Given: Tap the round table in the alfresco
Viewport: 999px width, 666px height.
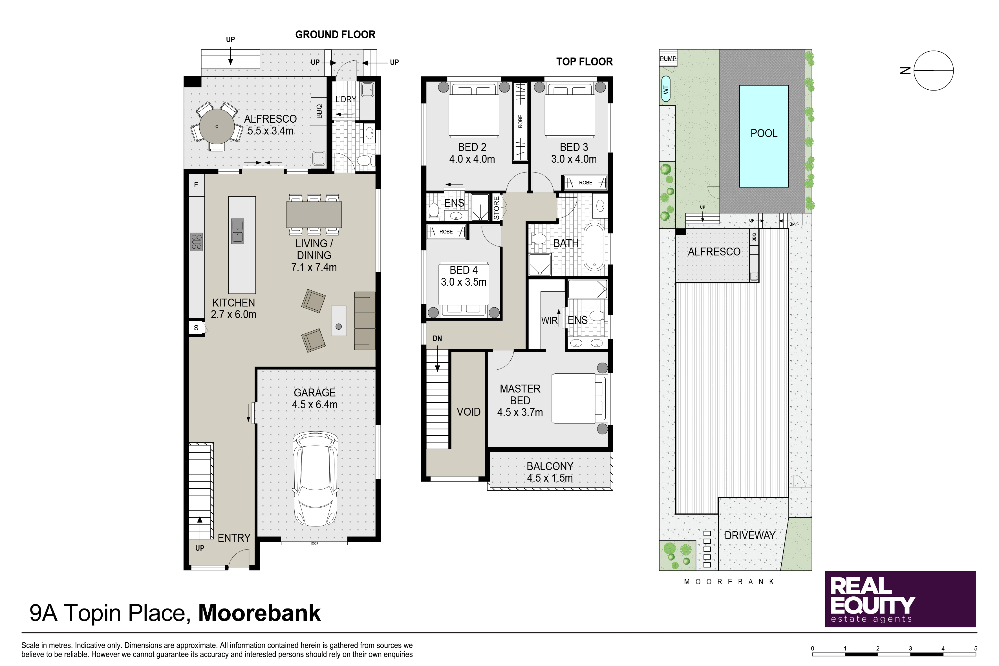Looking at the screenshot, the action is coord(217,126).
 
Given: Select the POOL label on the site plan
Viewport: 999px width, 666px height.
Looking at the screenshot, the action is coord(764,133).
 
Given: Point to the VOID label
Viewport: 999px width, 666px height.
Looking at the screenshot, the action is coord(469,412).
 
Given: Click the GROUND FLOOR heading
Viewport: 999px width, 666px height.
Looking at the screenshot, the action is coord(335,35).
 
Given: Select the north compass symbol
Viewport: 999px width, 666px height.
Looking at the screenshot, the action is coord(933,70).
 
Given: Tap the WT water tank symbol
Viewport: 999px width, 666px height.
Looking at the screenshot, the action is coord(665,89).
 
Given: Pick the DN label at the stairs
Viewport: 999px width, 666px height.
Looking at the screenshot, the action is coord(437,339).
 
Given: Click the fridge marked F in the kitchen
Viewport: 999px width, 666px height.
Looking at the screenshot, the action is coord(196,185).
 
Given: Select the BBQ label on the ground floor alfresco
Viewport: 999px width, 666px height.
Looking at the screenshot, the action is coord(319,111).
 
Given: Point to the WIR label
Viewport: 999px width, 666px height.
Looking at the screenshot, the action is coord(549,321).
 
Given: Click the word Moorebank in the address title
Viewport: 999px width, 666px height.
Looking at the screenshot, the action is coord(259,613).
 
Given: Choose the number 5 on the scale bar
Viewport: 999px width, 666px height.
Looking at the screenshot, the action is coord(976,649).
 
